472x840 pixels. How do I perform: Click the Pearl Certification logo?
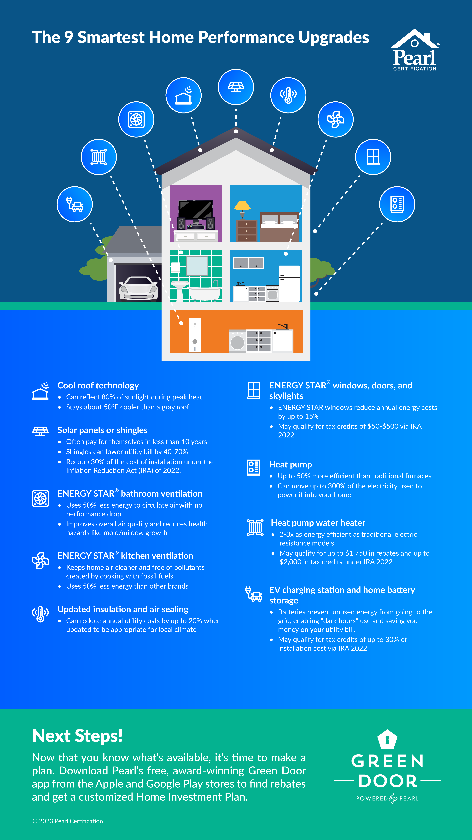(x=414, y=51)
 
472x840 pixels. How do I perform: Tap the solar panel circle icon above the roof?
(x=236, y=87)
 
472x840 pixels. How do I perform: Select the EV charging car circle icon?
(x=75, y=204)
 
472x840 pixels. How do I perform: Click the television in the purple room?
(x=195, y=210)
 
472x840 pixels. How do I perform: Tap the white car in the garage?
(x=138, y=288)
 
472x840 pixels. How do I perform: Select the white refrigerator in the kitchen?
(x=289, y=283)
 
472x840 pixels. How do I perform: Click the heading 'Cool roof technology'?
(x=98, y=385)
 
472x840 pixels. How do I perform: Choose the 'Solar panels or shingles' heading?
(x=102, y=430)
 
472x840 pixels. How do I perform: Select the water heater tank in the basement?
(x=195, y=335)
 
